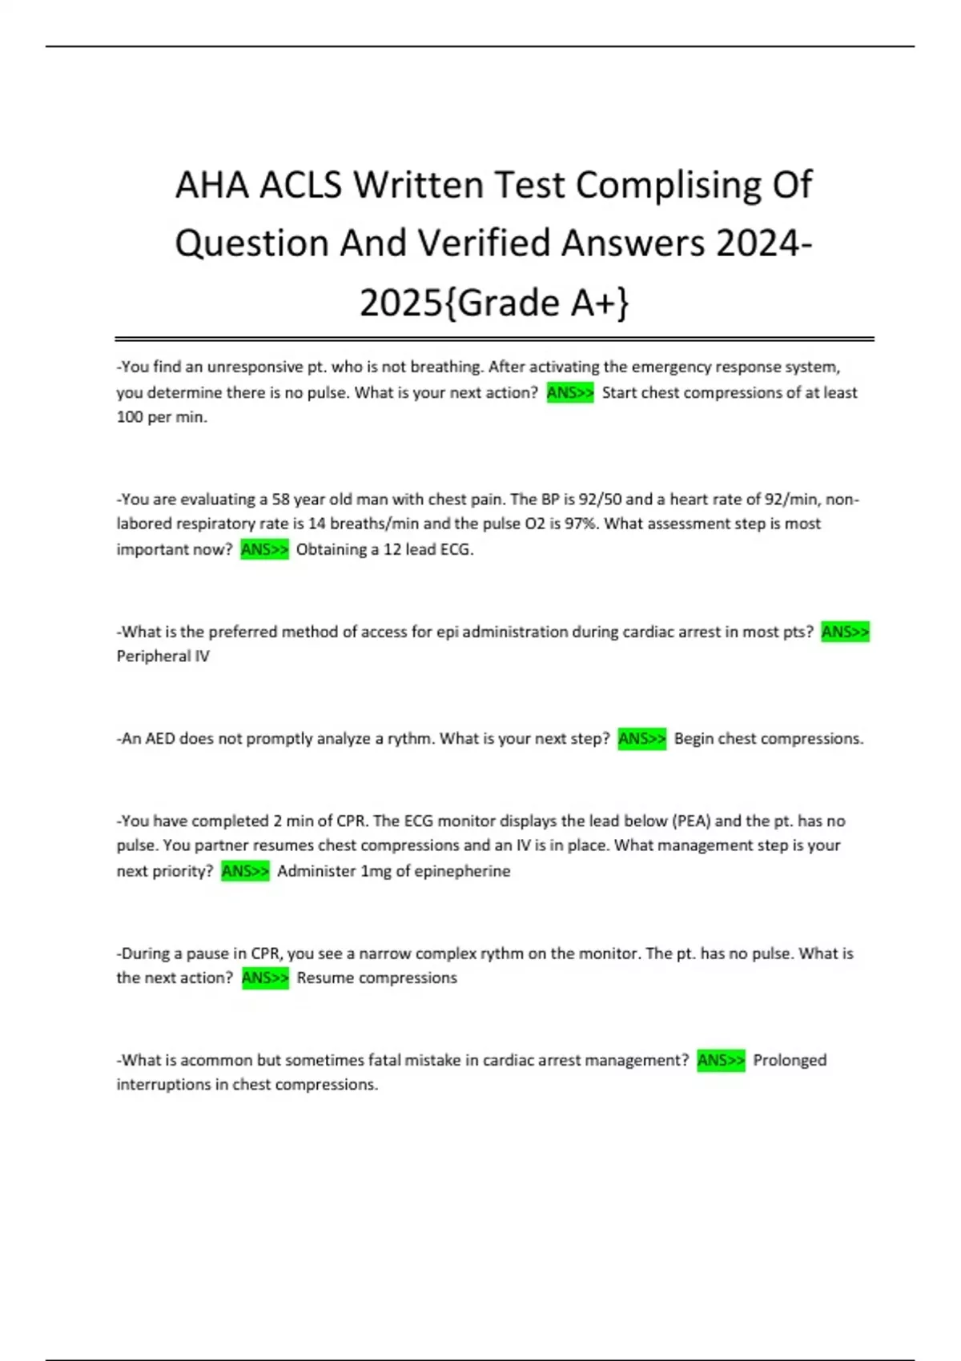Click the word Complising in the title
point(669,186)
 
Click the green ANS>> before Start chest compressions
point(570,392)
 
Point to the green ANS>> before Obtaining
point(264,549)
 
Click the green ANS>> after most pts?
point(845,632)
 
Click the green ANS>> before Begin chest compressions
point(641,739)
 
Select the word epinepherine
point(462,871)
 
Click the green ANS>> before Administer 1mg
point(245,871)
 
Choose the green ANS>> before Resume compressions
point(265,978)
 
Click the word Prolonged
point(790,1060)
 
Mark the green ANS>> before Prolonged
point(721,1060)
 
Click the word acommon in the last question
point(216,1060)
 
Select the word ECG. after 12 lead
point(456,549)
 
